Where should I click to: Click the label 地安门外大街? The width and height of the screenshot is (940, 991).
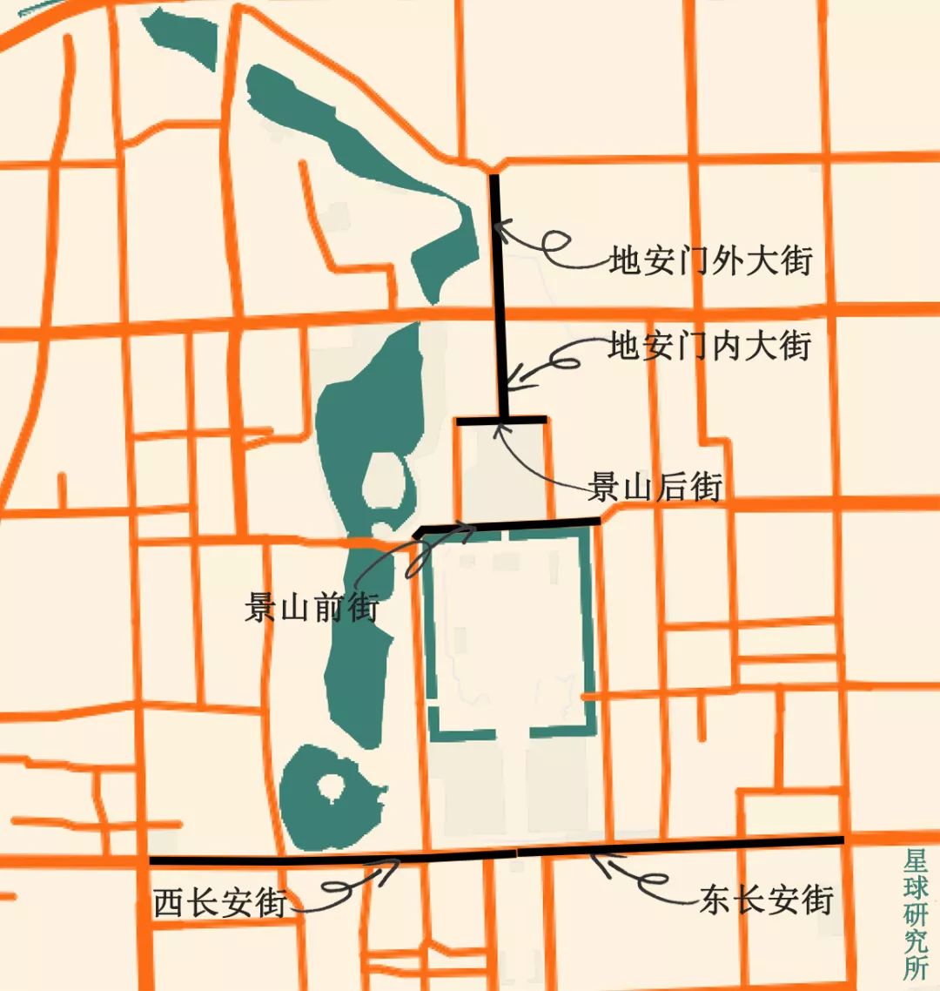click(x=710, y=261)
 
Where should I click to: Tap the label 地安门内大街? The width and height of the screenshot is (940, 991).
click(x=709, y=346)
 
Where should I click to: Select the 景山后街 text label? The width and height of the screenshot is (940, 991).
click(x=655, y=488)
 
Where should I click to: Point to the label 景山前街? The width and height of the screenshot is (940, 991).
click(x=312, y=607)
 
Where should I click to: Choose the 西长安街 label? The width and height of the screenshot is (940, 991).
click(x=220, y=903)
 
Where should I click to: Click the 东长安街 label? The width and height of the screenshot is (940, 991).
click(x=767, y=899)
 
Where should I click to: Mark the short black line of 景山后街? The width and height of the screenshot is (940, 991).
click(x=502, y=420)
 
